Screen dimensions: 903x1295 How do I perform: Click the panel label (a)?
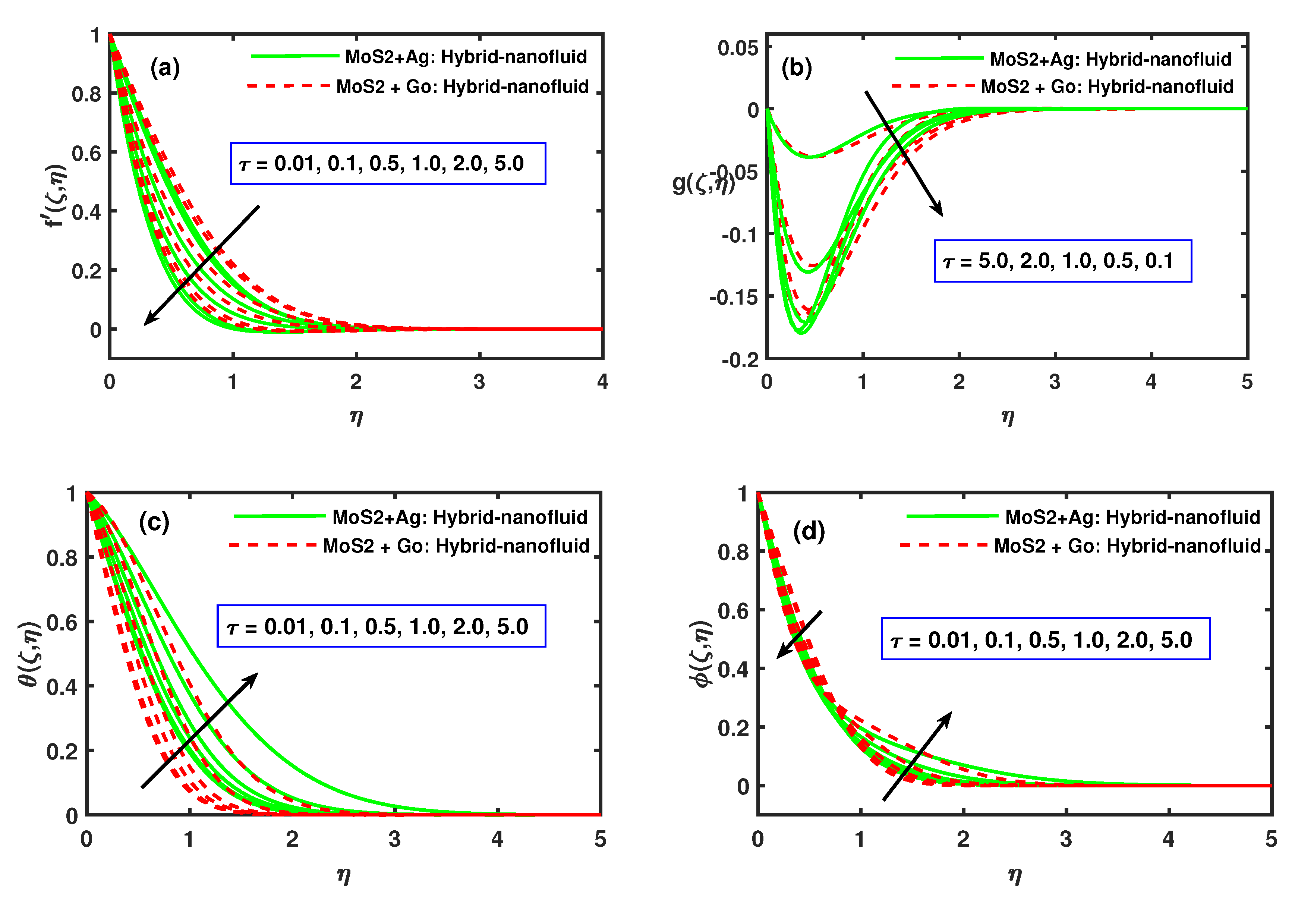(x=165, y=68)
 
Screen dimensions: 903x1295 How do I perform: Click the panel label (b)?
(x=796, y=68)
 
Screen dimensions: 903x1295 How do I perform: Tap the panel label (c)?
(x=154, y=522)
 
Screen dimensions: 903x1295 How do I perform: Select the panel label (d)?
(x=809, y=531)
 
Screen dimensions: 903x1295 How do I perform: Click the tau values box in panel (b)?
(x=1063, y=261)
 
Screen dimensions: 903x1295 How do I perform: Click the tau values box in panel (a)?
(x=388, y=164)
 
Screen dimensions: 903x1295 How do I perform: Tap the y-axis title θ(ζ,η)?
(x=29, y=654)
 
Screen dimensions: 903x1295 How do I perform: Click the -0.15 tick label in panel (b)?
(x=734, y=297)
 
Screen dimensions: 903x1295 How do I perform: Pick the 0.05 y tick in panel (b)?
(x=738, y=48)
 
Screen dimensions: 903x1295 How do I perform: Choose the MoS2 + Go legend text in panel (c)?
(x=456, y=546)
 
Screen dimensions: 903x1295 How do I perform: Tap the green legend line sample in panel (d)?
(x=952, y=516)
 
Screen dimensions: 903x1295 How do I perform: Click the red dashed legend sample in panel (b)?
(x=933, y=86)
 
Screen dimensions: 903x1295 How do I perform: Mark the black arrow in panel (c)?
(x=200, y=730)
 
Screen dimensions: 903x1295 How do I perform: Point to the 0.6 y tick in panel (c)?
(x=62, y=623)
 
